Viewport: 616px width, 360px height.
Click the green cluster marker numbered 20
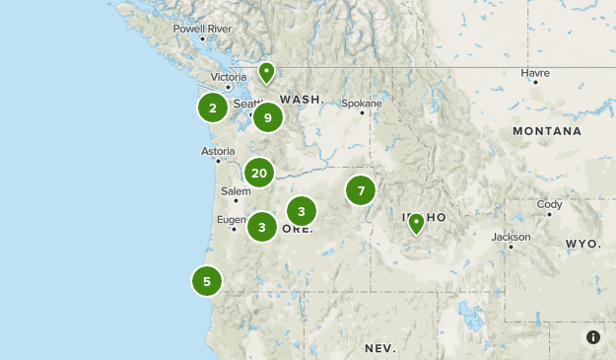click(x=259, y=174)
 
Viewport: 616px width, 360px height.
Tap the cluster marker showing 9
click(x=267, y=118)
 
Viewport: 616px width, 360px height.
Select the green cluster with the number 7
click(x=361, y=190)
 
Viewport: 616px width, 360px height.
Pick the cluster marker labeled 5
click(x=207, y=281)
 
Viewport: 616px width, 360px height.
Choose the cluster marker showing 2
click(x=213, y=107)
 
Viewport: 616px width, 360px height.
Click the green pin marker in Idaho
click(x=417, y=223)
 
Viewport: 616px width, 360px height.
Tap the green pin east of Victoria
click(x=266, y=72)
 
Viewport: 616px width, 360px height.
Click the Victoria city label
click(x=229, y=77)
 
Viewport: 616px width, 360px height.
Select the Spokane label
click(x=360, y=103)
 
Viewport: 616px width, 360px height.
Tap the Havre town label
click(x=535, y=72)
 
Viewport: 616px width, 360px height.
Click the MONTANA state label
click(x=547, y=130)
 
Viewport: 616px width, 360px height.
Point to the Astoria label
click(x=218, y=151)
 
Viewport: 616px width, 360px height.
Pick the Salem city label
click(x=236, y=191)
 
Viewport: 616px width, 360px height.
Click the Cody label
click(x=550, y=205)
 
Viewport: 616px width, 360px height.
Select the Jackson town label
click(x=512, y=237)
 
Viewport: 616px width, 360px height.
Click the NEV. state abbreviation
click(x=379, y=349)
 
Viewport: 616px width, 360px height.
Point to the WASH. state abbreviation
click(x=302, y=100)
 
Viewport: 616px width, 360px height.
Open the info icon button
click(x=593, y=337)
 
